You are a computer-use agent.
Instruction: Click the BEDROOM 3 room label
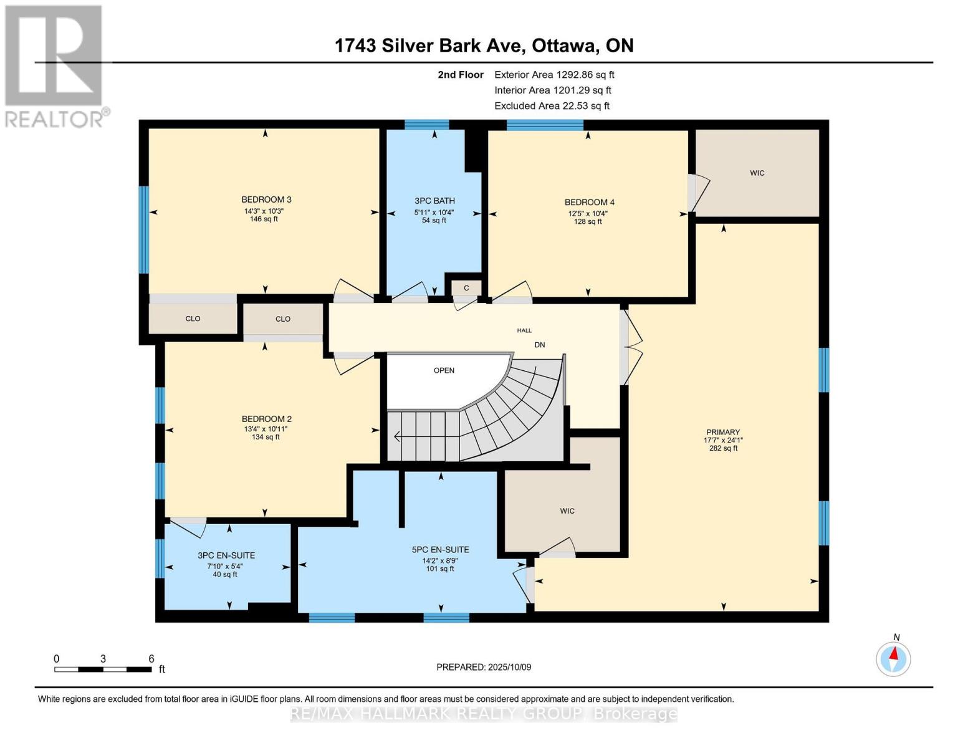tap(266, 199)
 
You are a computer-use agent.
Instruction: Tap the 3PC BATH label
tap(434, 201)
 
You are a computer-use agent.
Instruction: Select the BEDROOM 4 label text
tap(590, 202)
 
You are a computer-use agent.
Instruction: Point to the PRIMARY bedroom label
tap(723, 432)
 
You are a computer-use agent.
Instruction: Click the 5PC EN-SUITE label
tap(440, 550)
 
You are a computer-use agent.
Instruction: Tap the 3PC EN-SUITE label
tap(226, 555)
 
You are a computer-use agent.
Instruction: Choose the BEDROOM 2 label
tap(266, 419)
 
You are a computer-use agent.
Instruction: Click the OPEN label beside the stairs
tap(444, 370)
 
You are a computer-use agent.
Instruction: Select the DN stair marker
tap(539, 345)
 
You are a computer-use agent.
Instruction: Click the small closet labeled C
tap(466, 288)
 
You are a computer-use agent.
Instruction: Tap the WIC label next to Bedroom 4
tap(757, 173)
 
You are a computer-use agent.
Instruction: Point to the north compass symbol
tap(893, 658)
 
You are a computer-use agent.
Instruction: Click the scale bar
tap(103, 669)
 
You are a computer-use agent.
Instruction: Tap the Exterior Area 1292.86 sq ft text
tap(554, 75)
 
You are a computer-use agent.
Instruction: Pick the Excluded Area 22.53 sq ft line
tap(552, 106)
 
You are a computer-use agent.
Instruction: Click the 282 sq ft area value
tap(723, 448)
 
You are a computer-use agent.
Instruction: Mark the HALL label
tap(524, 330)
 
